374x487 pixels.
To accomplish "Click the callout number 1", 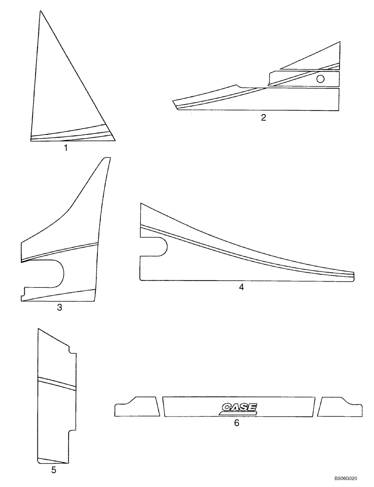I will (x=65, y=149).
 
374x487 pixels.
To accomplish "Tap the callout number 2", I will (x=263, y=117).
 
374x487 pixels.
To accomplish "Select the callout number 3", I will (x=59, y=307).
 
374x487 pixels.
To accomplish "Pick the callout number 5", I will (x=54, y=470).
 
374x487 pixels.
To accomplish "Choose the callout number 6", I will (x=237, y=423).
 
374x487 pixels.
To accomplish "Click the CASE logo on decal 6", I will (x=239, y=408).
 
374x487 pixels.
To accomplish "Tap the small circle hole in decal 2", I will (x=321, y=79).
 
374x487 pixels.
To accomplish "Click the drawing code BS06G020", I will (x=352, y=479).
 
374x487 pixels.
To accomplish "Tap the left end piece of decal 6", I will (x=137, y=407).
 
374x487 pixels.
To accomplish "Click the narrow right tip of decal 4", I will (x=352, y=276).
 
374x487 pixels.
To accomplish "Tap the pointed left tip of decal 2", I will (x=174, y=103).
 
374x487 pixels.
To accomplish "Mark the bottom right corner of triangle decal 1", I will (x=115, y=141).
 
